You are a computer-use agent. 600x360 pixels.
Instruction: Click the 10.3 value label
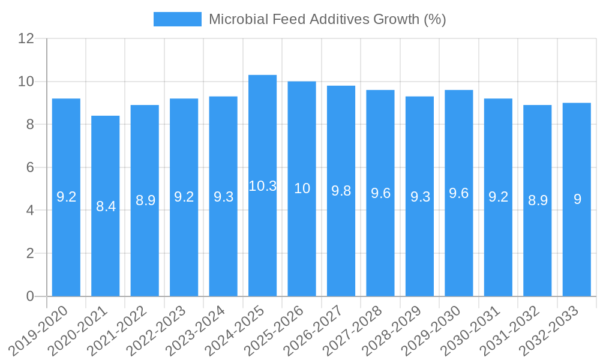click(x=263, y=186)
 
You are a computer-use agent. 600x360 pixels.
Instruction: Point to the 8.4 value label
click(x=106, y=206)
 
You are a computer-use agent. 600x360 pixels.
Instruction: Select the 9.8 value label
click(x=341, y=191)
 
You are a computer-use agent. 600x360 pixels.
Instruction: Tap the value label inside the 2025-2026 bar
click(x=302, y=188)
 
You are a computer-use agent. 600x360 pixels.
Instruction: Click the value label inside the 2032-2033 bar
click(x=577, y=199)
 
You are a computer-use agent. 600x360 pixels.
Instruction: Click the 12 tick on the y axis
click(x=26, y=39)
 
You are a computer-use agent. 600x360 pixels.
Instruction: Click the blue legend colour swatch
click(x=178, y=19)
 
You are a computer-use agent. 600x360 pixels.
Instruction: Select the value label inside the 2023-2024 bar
click(x=223, y=197)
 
